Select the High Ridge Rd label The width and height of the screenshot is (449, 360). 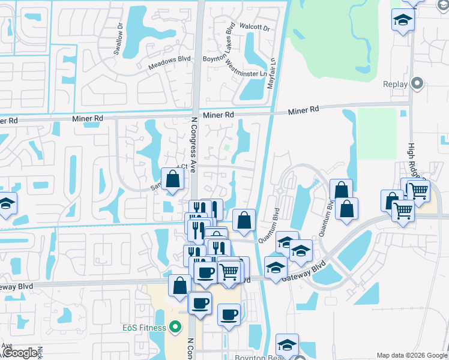(412, 159)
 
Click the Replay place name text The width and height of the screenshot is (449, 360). (395, 85)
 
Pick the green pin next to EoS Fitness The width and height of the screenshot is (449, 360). (175, 327)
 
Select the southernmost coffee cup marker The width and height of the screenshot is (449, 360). (229, 314)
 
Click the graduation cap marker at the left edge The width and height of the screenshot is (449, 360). (6, 204)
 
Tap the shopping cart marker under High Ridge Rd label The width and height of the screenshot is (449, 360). (418, 190)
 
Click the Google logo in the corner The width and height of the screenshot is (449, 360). (19, 353)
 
